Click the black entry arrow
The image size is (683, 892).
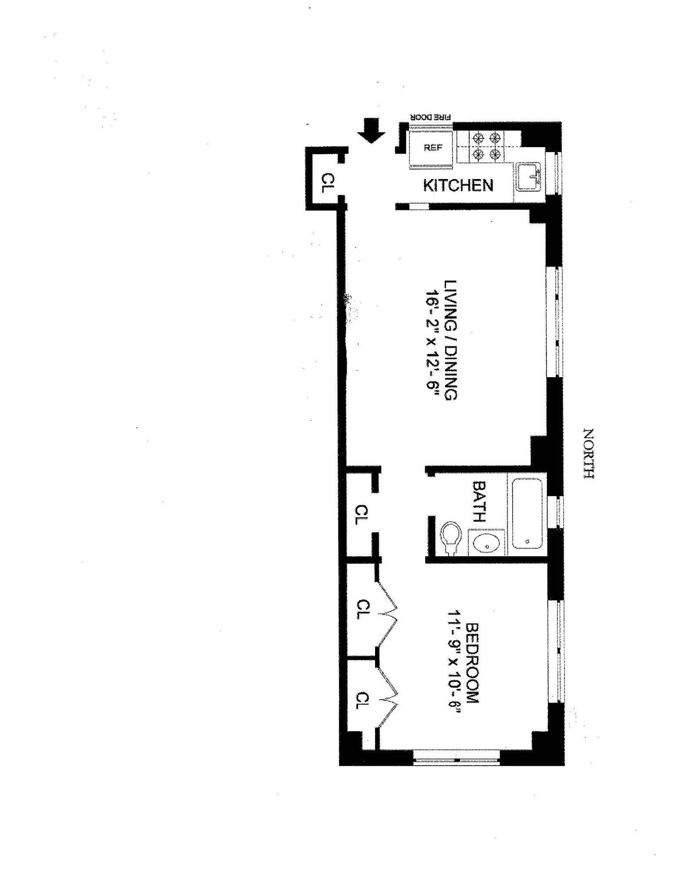pos(371,131)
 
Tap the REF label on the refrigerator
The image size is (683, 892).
pos(433,148)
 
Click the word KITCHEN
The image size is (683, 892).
pos(458,186)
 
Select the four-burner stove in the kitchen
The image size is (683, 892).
pos(486,146)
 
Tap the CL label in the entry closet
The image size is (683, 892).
pos(328,183)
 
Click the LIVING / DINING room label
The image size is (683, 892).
pos(450,340)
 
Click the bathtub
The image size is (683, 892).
pos(527,513)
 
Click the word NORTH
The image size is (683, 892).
pos(588,453)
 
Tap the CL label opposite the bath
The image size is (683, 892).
pos(362,514)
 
